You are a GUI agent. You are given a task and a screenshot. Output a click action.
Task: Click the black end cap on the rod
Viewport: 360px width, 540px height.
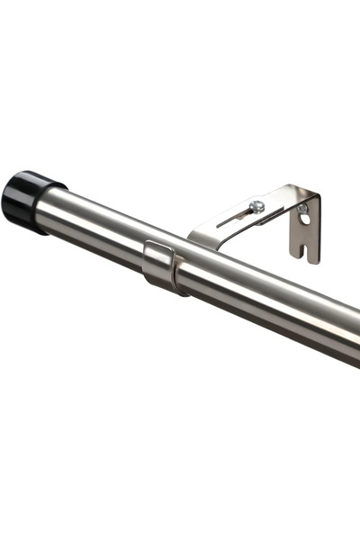[x=27, y=202]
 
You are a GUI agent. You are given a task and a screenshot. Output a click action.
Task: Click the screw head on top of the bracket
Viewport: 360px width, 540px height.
[x=258, y=206]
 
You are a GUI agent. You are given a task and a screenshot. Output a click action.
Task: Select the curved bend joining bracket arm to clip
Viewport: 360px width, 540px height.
[x=200, y=236]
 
